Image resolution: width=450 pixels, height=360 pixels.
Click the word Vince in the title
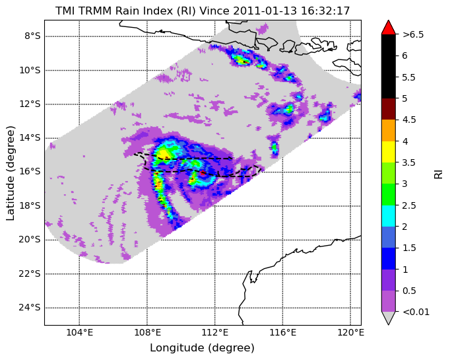coord(214,11)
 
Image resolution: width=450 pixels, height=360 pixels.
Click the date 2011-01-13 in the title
coord(265,11)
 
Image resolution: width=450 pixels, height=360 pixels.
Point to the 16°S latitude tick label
coord(30,172)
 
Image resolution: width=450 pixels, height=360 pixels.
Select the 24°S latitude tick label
coord(30,308)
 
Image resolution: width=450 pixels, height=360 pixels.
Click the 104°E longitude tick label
coord(79,333)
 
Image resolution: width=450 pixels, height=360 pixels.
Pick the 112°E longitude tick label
coord(215,333)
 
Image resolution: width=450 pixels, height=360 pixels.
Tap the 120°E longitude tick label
coord(350,333)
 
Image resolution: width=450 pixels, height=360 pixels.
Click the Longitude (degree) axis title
coord(202,348)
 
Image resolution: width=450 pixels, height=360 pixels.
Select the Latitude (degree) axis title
coord(10,173)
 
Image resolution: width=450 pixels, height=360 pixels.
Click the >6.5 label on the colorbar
coord(413,34)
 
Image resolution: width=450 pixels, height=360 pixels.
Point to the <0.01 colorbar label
coord(416,312)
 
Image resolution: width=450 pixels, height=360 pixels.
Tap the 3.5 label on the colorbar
coord(409,162)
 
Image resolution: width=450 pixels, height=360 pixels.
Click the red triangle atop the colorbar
coord(389,27)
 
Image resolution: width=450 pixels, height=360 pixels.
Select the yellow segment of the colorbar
coord(389,152)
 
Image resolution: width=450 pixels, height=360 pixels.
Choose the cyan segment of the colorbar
coord(389,216)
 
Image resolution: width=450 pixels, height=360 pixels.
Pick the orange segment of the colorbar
coord(389,130)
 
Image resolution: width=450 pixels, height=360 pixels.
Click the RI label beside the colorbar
coord(439,174)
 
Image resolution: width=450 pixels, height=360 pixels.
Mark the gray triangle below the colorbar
coord(389,318)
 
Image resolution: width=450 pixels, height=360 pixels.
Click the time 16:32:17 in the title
coord(325,11)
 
